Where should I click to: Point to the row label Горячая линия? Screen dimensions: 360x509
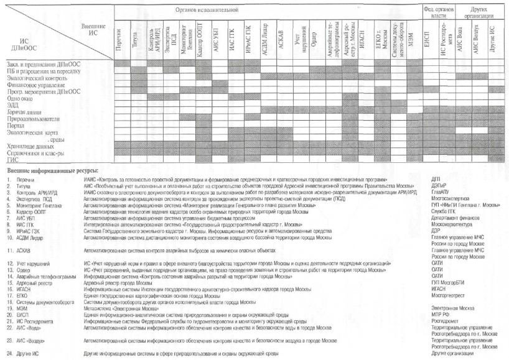24,111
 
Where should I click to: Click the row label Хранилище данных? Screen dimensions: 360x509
27,145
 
